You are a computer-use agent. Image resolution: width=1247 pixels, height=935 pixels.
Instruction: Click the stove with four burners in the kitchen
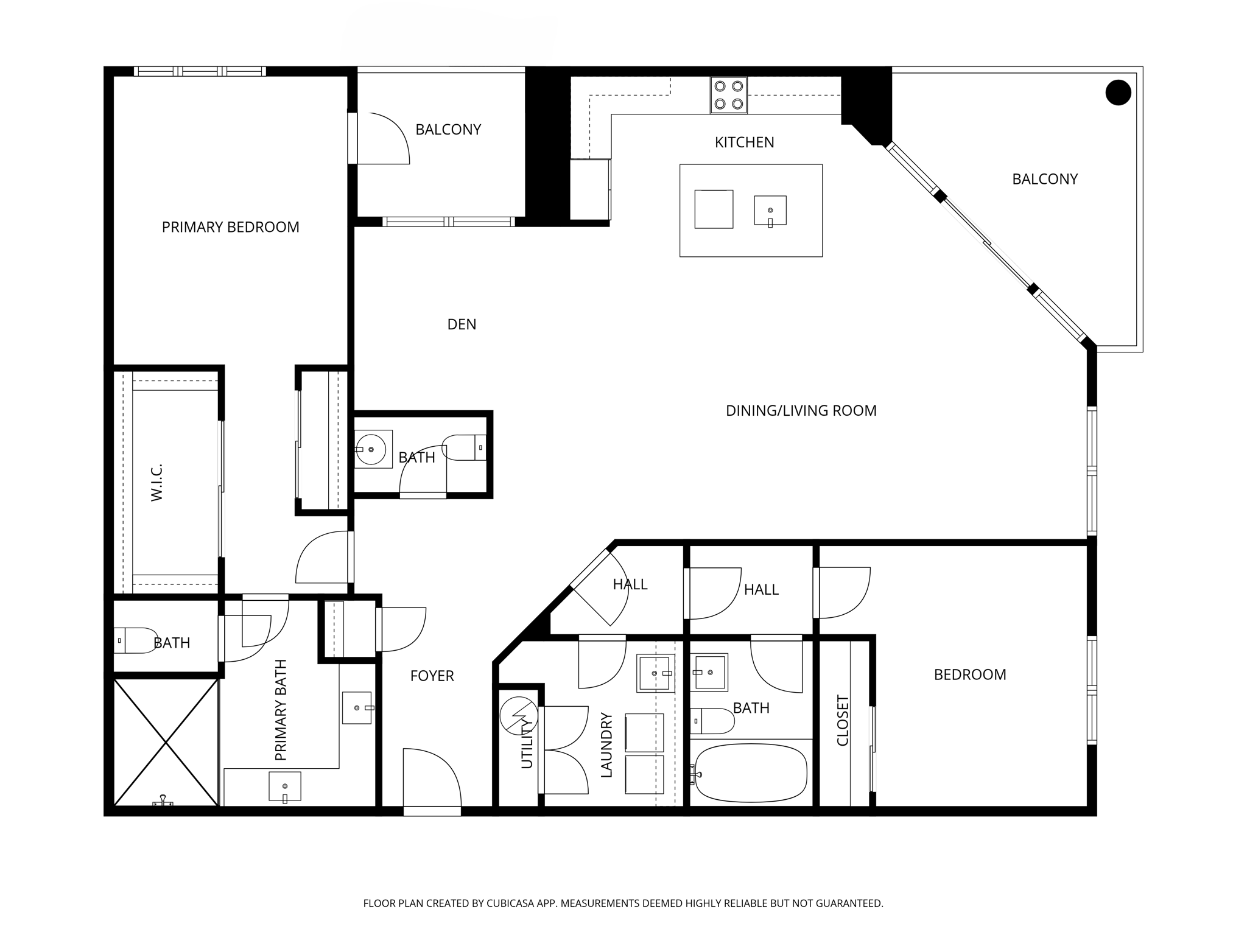pyautogui.click(x=728, y=95)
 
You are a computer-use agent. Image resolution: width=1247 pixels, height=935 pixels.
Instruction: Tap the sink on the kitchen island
pyautogui.click(x=770, y=211)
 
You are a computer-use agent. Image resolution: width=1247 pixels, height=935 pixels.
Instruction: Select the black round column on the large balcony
pyautogui.click(x=1118, y=93)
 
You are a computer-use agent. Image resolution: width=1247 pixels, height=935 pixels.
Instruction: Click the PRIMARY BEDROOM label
pyautogui.click(x=230, y=227)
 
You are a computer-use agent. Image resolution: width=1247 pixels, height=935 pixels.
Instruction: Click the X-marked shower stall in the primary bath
pyautogui.click(x=166, y=741)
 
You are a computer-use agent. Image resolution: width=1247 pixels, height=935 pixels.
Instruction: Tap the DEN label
pyautogui.click(x=462, y=324)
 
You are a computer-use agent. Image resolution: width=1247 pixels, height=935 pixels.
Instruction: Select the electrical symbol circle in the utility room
pyautogui.click(x=519, y=715)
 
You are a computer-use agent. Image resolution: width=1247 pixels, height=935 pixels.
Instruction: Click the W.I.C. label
pyautogui.click(x=157, y=482)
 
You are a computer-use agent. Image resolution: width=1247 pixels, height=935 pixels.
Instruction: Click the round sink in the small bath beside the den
pyautogui.click(x=371, y=449)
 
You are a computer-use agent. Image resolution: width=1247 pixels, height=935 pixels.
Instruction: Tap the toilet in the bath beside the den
pyautogui.click(x=464, y=447)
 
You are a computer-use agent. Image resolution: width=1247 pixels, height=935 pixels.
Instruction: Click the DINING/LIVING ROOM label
pyautogui.click(x=801, y=411)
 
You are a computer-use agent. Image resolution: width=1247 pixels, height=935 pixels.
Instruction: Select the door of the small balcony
pyautogui.click(x=382, y=139)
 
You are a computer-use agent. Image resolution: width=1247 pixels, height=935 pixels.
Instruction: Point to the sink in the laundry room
pyautogui.click(x=655, y=673)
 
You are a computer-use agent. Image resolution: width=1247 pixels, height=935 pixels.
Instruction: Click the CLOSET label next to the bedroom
pyautogui.click(x=843, y=720)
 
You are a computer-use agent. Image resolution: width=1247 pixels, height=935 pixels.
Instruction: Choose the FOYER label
pyautogui.click(x=432, y=676)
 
